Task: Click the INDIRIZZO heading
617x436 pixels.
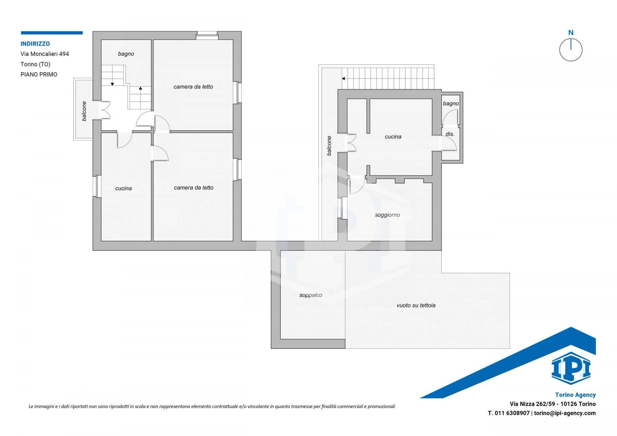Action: pyautogui.click(x=35, y=44)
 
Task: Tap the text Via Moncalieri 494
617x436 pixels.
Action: pyautogui.click(x=45, y=54)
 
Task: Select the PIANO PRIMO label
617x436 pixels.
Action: pyautogui.click(x=39, y=74)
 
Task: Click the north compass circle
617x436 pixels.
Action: pyautogui.click(x=571, y=50)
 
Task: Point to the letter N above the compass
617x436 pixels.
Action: pyautogui.click(x=571, y=32)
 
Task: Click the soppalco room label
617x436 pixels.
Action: pyautogui.click(x=311, y=295)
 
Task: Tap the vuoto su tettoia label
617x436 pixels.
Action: pyautogui.click(x=416, y=305)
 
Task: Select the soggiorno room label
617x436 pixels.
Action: pyautogui.click(x=387, y=215)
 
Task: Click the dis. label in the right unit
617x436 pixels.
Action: pyautogui.click(x=450, y=134)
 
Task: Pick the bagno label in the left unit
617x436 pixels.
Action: pyautogui.click(x=126, y=54)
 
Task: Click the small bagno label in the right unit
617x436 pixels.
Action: pyautogui.click(x=451, y=104)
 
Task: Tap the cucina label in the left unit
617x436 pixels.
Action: pyautogui.click(x=123, y=188)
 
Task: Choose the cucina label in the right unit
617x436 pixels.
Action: pyautogui.click(x=393, y=137)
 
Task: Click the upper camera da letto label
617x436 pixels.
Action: pyautogui.click(x=193, y=87)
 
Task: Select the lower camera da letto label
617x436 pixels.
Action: pyautogui.click(x=193, y=188)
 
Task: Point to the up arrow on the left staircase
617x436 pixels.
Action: pyautogui.click(x=140, y=88)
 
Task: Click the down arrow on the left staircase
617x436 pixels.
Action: pyautogui.click(x=112, y=84)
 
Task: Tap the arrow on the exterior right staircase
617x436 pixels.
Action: pyautogui.click(x=343, y=78)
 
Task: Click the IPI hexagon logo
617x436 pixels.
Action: pyautogui.click(x=571, y=368)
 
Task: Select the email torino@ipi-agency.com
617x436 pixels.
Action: pyautogui.click(x=565, y=413)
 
